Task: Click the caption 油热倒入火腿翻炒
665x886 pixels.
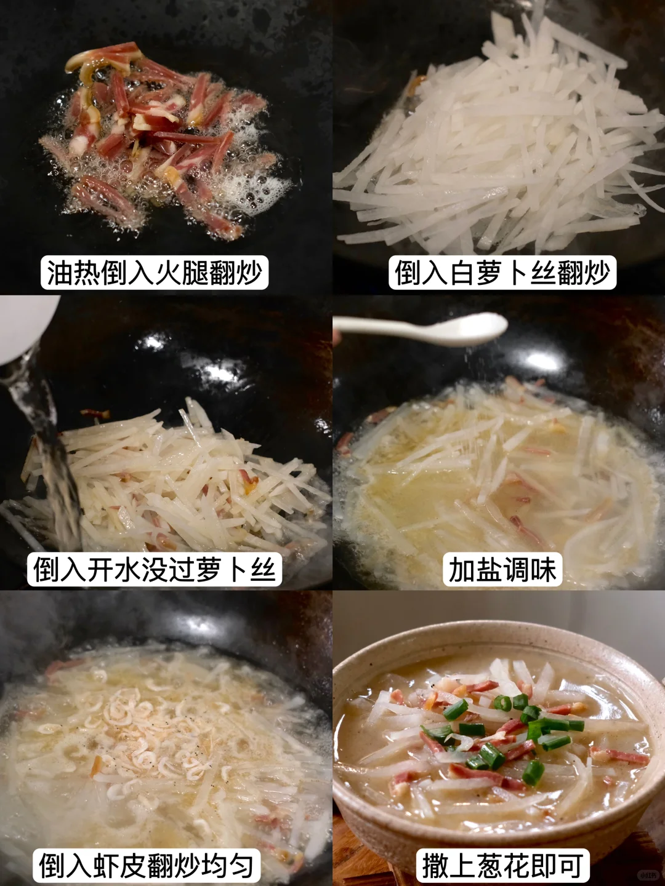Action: point(155,273)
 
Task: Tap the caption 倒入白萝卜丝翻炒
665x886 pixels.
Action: point(502,273)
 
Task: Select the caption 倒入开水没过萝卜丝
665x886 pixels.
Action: point(154,569)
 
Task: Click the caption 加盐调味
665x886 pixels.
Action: point(502,569)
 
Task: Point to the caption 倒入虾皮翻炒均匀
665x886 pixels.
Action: point(146,864)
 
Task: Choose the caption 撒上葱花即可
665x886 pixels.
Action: point(502,864)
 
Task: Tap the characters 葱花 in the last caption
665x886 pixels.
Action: point(502,864)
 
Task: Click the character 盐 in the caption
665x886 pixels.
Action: point(489,569)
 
